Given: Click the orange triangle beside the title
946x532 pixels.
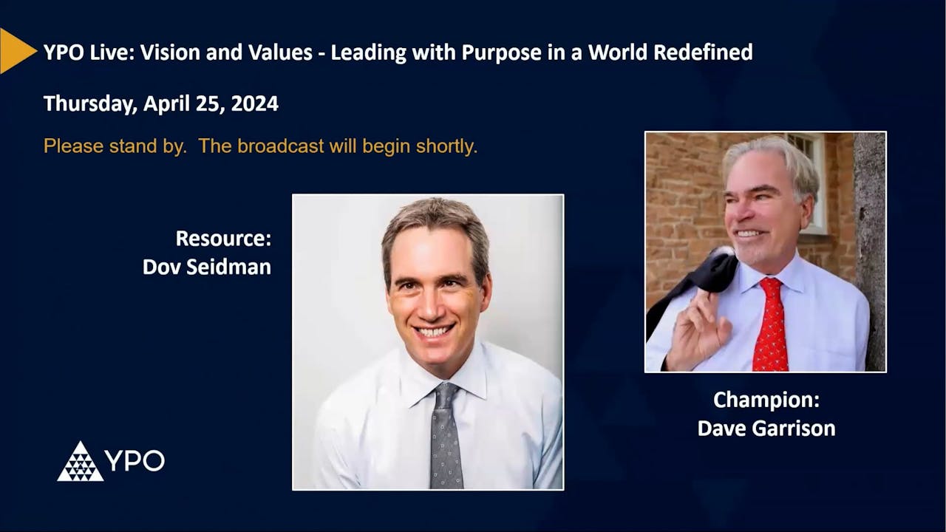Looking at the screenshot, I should [x=16, y=51].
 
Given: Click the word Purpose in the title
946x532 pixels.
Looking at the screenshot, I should [x=500, y=52].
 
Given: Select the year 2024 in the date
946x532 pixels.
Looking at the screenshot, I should [x=254, y=103].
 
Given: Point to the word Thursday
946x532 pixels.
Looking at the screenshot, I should [x=89, y=103].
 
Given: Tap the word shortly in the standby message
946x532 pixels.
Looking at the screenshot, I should [x=446, y=146].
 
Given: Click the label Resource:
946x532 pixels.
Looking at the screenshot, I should [x=223, y=239].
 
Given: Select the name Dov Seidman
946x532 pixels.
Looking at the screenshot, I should [x=207, y=267].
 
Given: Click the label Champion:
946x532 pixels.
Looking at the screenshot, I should [x=766, y=400].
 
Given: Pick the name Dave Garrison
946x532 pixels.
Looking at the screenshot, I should [x=766, y=428].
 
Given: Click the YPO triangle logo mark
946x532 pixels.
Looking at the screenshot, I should [x=80, y=462].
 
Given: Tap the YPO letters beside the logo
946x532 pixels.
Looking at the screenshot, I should [x=135, y=461].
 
